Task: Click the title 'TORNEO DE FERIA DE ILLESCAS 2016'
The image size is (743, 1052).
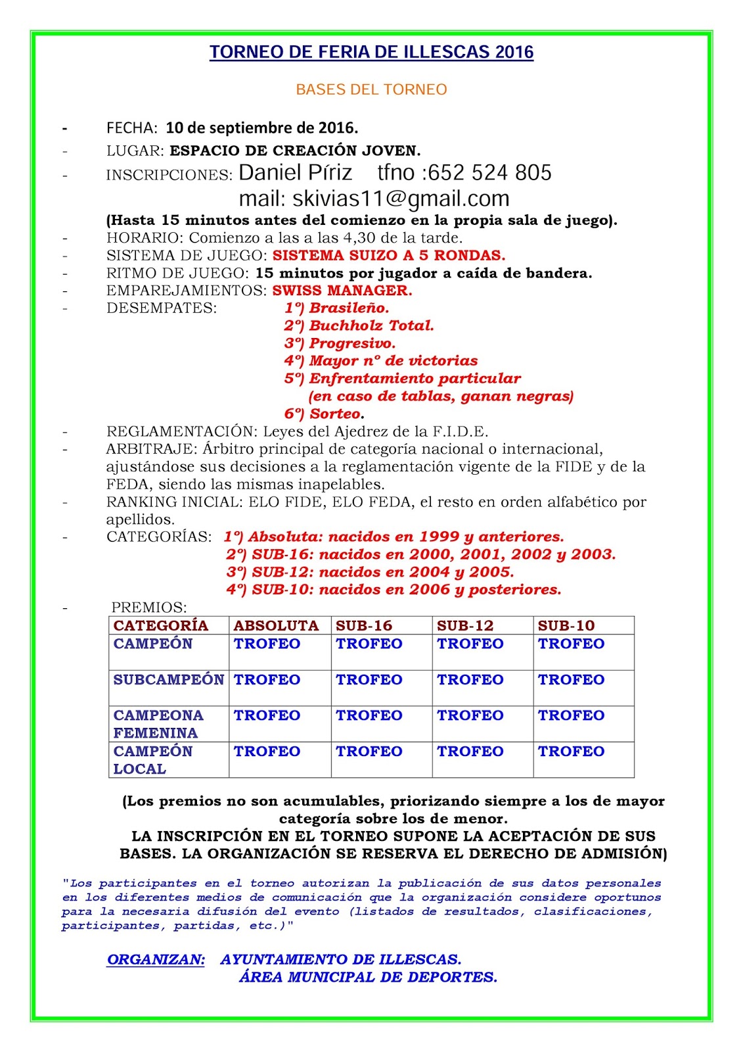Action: (371, 53)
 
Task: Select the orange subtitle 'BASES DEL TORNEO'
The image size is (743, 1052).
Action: (371, 89)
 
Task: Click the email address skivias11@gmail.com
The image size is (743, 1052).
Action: (401, 199)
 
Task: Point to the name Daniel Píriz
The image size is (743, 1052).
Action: (296, 173)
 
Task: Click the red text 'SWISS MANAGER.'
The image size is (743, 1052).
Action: (342, 291)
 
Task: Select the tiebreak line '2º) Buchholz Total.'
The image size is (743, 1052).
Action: (359, 325)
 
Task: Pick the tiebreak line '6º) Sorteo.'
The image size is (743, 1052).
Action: (324, 414)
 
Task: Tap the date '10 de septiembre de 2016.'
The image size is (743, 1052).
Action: (261, 128)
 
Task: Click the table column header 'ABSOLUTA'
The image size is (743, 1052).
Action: (276, 625)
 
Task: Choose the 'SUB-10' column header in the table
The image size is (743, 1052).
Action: (566, 625)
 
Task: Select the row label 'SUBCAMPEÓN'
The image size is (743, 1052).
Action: (169, 680)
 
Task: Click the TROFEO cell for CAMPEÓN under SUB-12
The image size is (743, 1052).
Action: (470, 644)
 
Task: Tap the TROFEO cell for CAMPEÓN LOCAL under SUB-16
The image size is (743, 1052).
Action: (369, 752)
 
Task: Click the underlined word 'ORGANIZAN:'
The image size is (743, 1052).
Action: (156, 960)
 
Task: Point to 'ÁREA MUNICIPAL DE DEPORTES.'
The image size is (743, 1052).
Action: (368, 978)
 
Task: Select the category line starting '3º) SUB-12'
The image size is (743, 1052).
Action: (370, 572)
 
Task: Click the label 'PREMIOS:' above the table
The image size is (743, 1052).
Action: (149, 608)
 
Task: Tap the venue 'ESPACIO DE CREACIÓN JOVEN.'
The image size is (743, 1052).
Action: (295, 151)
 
